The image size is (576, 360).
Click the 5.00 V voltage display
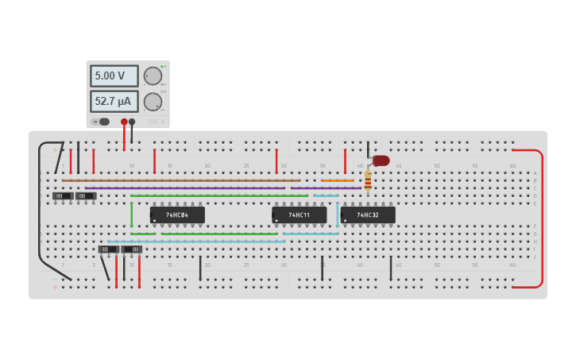(114, 76)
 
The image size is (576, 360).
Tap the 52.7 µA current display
(114, 102)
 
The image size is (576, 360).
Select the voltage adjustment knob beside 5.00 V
(153, 76)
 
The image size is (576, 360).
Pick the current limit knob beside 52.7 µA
(153, 102)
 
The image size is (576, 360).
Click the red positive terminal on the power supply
(124, 122)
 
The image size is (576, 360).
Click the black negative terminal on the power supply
(132, 122)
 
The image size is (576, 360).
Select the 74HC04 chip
(177, 215)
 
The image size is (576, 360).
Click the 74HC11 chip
(300, 215)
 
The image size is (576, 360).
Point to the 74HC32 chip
(368, 215)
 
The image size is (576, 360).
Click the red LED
(381, 161)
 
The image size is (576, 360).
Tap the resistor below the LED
(368, 181)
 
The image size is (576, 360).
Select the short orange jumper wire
(338, 180)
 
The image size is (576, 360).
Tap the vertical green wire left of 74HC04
(132, 215)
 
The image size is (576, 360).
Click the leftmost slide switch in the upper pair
(63, 195)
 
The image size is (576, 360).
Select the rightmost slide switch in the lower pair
(132, 249)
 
